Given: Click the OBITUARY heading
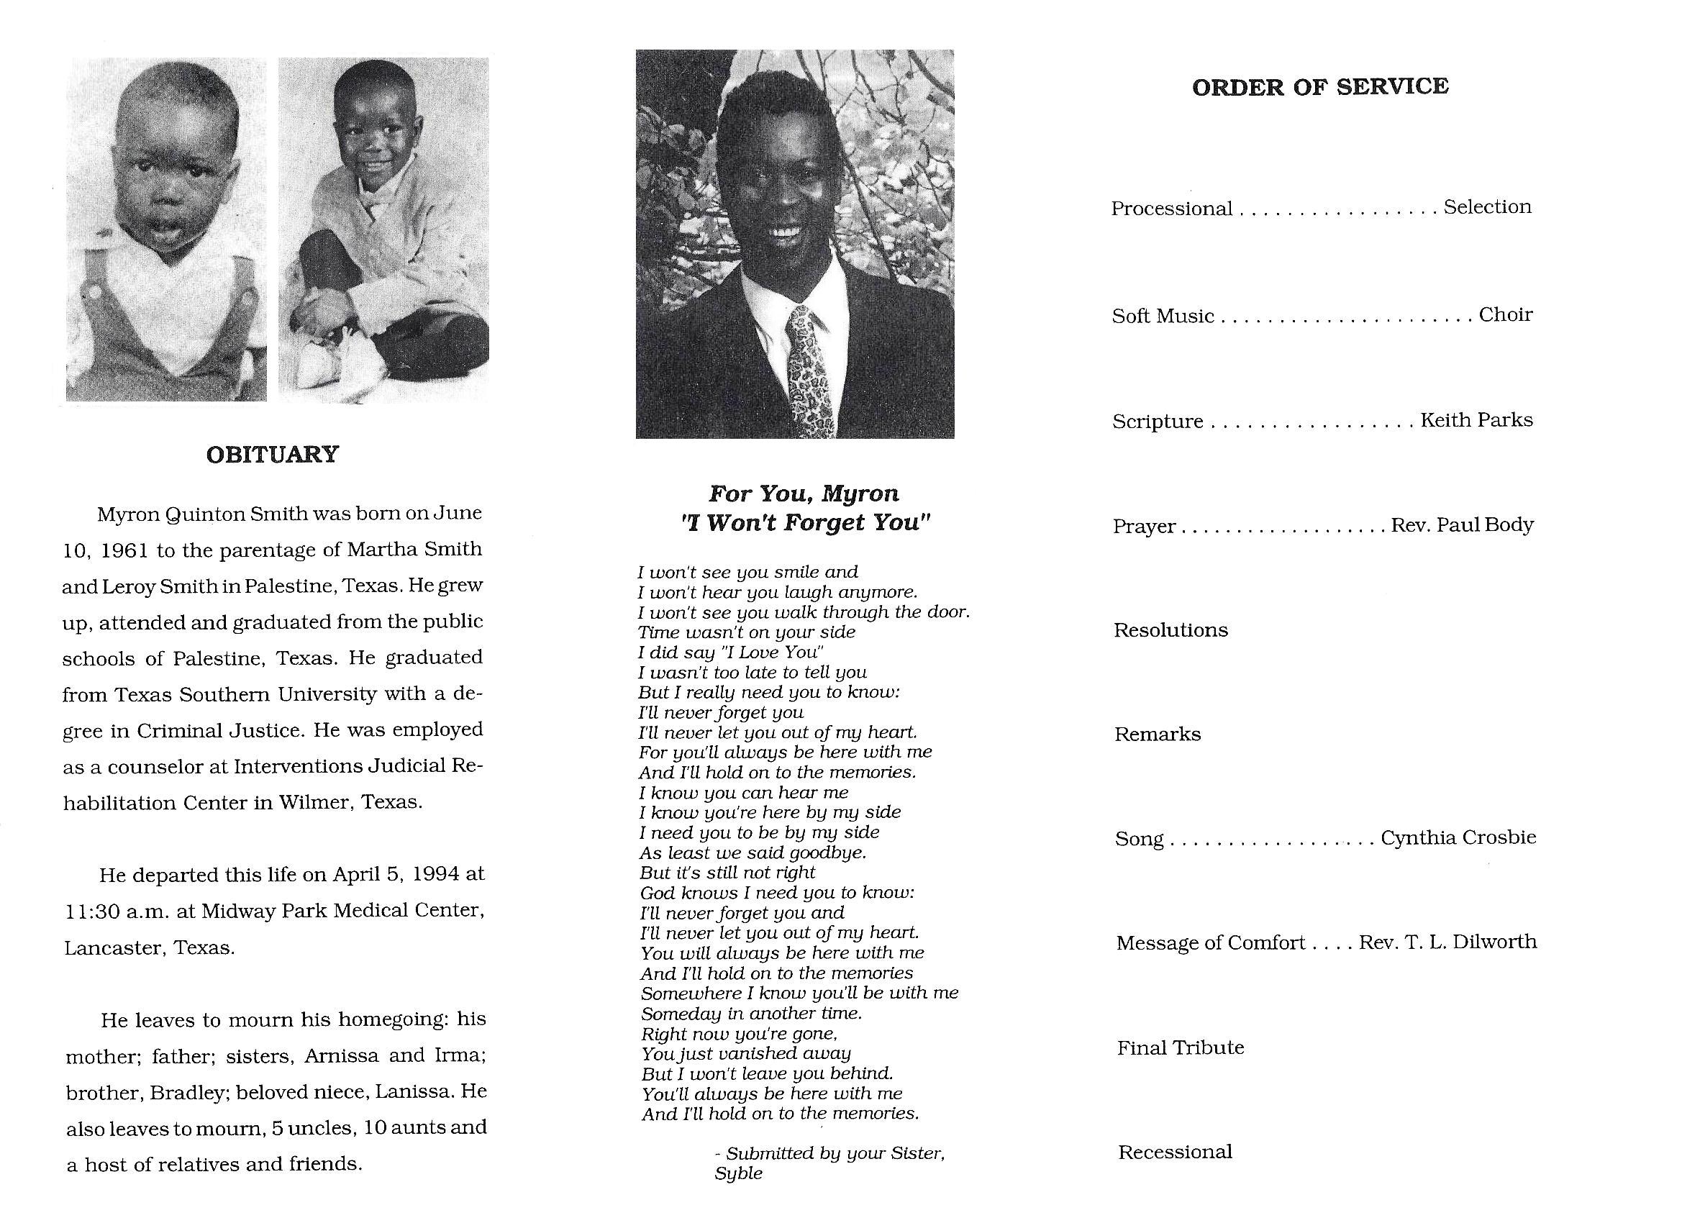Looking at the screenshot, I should [272, 454].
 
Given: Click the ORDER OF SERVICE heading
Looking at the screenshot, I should [1320, 87].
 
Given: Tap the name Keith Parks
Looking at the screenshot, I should [1476, 420].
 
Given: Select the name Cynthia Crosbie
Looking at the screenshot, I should [1458, 837].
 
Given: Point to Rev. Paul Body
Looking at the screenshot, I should [1462, 524].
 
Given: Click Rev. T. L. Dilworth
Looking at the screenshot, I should [1447, 942].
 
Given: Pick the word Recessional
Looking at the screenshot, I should [1175, 1152].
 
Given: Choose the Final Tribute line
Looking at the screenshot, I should [1180, 1047].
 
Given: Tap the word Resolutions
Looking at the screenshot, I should [1170, 629].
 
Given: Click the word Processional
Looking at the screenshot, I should [1171, 209].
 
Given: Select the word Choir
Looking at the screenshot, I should [1505, 314].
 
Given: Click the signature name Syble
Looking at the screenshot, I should [738, 1173].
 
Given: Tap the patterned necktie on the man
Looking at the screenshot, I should [806, 370].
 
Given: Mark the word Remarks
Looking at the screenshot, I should [1157, 735].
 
